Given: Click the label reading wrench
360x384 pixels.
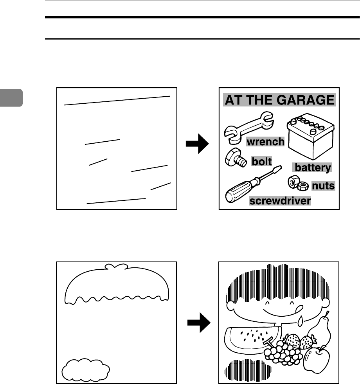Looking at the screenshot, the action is click(265, 142).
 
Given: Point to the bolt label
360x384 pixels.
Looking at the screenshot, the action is click(261, 161).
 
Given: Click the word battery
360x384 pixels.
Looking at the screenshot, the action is click(312, 168).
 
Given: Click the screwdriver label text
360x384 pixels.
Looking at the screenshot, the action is click(280, 201).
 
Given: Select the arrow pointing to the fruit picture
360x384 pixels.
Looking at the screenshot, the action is click(198, 324).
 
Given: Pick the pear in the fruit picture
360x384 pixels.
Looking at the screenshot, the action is click(322, 331).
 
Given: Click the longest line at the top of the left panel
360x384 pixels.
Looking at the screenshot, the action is click(117, 100).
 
